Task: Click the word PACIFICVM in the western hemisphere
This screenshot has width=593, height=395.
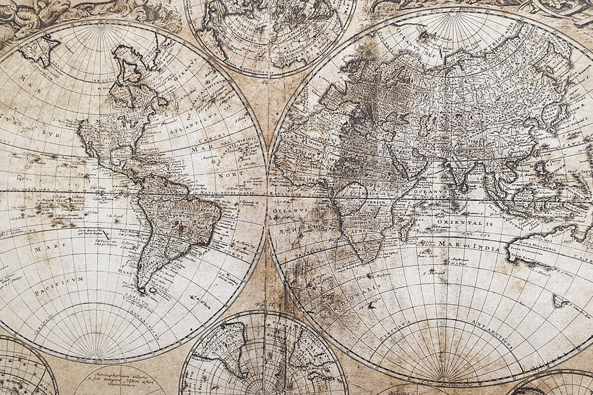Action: tap(59, 285)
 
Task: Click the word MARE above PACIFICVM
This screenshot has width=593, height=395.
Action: tap(46, 248)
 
